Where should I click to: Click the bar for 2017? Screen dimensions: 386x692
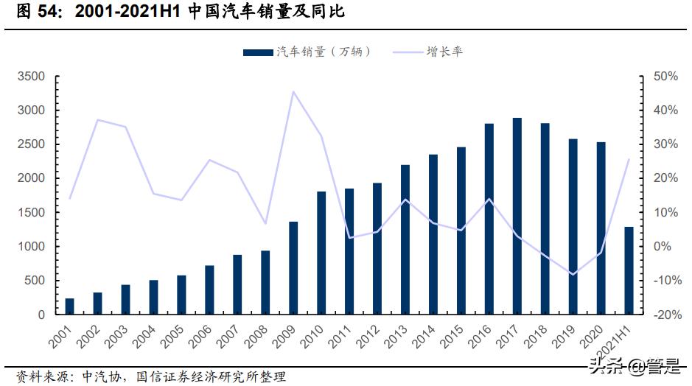click(517, 217)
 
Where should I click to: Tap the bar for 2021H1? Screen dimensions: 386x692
click(629, 270)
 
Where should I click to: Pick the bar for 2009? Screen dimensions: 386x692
click(293, 268)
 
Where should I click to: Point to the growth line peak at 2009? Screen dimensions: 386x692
click(293, 92)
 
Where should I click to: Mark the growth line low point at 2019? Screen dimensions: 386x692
click(573, 274)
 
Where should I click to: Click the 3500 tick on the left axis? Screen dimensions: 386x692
click(31, 77)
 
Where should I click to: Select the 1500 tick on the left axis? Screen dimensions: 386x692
click(31, 213)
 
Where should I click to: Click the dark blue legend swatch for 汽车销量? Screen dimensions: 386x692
click(259, 52)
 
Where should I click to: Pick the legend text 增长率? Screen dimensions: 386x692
click(445, 52)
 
